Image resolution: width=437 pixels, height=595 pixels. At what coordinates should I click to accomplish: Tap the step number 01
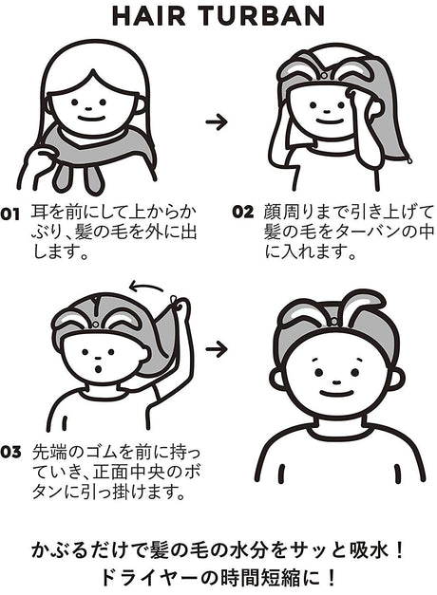tap(9, 214)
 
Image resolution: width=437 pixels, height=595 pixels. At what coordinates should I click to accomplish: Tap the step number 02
tap(243, 212)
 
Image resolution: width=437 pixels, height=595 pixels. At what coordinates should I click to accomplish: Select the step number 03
tap(10, 452)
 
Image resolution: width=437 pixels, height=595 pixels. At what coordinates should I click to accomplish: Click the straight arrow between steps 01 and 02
tap(217, 121)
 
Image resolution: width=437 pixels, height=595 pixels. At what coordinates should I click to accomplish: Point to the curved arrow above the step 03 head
tap(146, 287)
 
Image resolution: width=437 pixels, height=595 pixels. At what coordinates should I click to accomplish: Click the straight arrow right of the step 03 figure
tap(217, 348)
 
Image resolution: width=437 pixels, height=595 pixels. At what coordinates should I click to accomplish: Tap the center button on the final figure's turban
tap(334, 322)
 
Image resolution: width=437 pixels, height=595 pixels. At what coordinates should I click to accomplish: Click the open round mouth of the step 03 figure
tap(99, 368)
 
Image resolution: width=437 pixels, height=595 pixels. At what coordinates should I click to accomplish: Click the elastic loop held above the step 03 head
tap(175, 303)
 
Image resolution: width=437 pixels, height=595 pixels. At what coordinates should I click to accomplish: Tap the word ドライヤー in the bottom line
tap(148, 578)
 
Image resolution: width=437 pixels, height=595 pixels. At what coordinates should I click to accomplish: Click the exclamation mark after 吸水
tap(398, 549)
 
